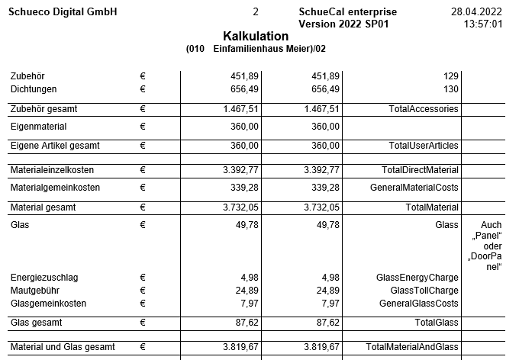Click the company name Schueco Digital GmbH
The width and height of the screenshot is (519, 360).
coord(63,13)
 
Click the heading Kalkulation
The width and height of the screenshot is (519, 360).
coord(256,37)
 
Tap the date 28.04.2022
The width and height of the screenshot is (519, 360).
coord(477,13)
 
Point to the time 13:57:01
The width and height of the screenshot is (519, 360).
coord(483,24)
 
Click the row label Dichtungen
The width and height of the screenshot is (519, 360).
coord(34,89)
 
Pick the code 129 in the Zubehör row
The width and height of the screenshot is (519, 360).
coord(450,76)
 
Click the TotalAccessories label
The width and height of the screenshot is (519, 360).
coord(423,109)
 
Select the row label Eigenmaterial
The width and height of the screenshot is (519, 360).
coord(38,126)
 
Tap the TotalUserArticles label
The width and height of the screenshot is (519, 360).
coord(423,145)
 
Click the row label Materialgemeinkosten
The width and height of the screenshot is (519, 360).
coord(55,187)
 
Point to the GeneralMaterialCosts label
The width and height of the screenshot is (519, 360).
coord(414,187)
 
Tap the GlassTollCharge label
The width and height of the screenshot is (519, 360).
coord(424,290)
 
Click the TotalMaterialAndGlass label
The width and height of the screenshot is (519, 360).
coord(411,347)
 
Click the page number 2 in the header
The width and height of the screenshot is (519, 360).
coord(255,13)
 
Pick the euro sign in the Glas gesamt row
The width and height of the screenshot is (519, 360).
coord(143,323)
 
